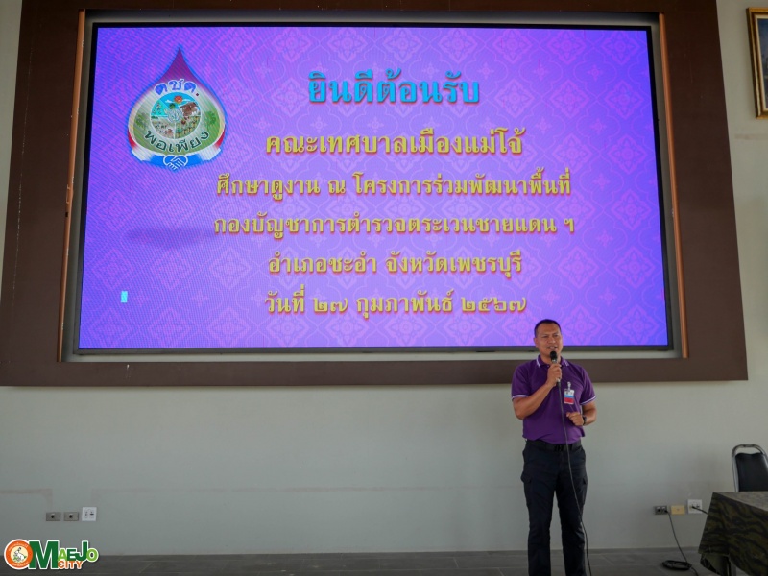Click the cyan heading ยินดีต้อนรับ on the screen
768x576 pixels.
[394, 88]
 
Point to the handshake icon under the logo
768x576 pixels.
[175, 161]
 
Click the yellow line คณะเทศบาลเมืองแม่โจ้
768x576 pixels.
[395, 143]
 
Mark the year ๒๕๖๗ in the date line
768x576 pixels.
[493, 304]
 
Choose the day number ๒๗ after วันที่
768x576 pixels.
[330, 304]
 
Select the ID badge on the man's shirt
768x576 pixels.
[568, 394]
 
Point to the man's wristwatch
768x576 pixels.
[584, 420]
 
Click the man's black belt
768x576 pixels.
[553, 445]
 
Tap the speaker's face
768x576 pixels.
[547, 338]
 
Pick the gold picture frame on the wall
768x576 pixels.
[757, 62]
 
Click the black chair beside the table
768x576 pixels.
[750, 468]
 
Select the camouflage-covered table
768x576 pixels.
[734, 531]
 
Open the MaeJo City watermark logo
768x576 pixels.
[51, 555]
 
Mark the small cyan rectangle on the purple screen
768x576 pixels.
[124, 297]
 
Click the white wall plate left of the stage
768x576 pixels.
[88, 514]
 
